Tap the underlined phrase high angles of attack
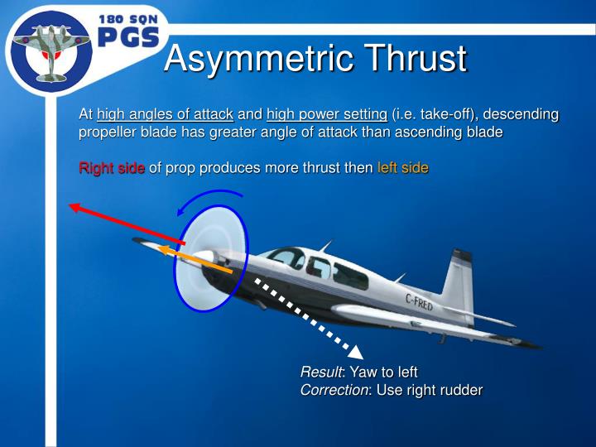tap(165, 114)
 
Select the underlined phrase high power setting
tap(327, 114)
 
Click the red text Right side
tap(112, 168)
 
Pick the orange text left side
tap(402, 168)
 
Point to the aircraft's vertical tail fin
tap(459, 277)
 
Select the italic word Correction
tap(334, 390)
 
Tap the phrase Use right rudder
tap(430, 390)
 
